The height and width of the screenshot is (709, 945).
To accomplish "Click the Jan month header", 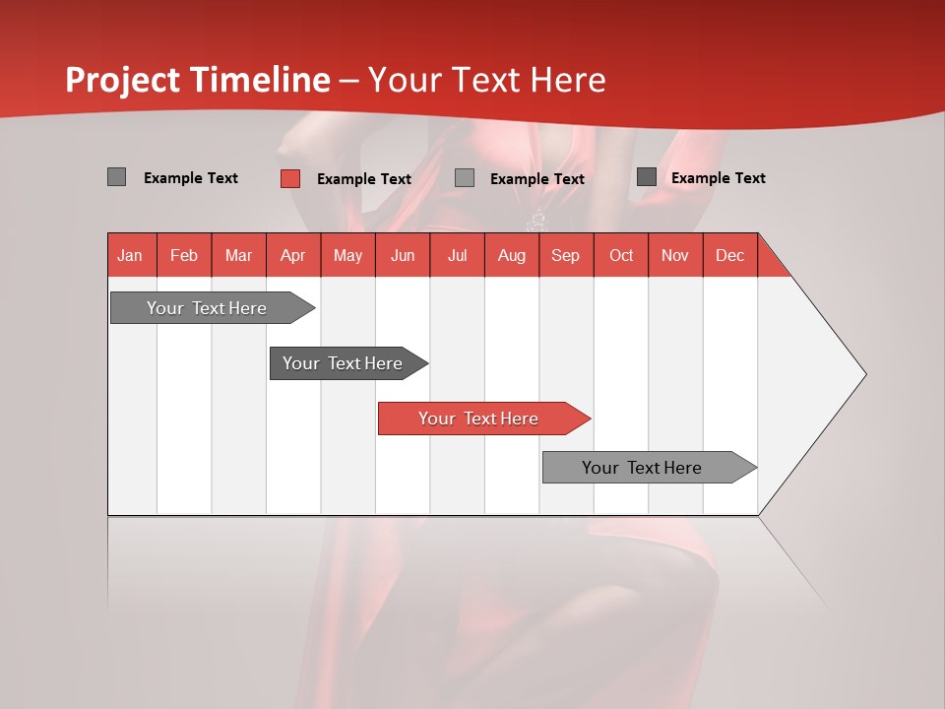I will click(131, 255).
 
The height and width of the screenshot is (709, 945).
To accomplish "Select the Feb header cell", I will click(184, 255).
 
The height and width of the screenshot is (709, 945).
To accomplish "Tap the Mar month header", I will click(238, 255).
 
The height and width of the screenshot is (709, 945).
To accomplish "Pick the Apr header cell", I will click(293, 255).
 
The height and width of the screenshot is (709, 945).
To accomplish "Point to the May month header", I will click(347, 255).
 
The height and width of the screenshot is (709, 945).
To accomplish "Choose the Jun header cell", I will click(403, 255).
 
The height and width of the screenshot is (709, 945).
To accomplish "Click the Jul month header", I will click(457, 255).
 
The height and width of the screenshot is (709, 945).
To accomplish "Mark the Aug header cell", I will click(512, 255).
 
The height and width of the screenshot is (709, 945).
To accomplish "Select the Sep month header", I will click(566, 255).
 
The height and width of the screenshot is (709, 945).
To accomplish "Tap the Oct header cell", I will click(621, 255).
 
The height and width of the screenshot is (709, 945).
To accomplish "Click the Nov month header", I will click(675, 255).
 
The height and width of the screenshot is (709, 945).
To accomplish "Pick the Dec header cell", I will click(730, 255).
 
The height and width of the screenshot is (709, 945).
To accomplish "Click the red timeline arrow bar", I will click(482, 419).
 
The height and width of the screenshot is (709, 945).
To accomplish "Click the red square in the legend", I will click(290, 178).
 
